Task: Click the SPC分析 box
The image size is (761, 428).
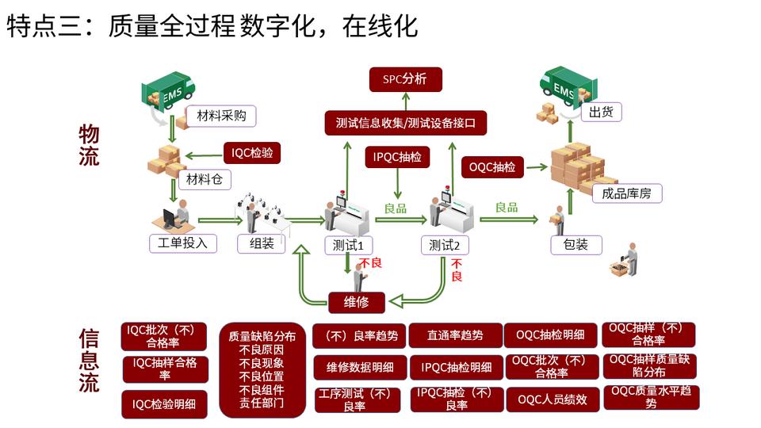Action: coord(405,79)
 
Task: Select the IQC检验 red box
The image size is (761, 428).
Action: coord(252,153)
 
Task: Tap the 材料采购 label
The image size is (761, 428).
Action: coord(222,117)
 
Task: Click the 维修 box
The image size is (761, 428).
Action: coord(357,301)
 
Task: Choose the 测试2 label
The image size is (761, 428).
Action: coord(444,245)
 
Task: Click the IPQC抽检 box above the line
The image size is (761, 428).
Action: coord(397,157)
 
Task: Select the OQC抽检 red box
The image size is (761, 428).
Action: coord(492,166)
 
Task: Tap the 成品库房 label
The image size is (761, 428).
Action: coord(626,193)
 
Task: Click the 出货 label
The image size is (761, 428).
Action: coord(602,112)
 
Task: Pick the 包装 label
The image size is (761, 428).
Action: coord(576,244)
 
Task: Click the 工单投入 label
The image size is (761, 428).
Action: coord(183,243)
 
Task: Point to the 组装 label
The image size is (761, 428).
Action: coord(262,244)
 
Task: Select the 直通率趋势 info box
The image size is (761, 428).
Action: coord(454,335)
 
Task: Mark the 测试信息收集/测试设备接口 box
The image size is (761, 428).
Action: coord(405,123)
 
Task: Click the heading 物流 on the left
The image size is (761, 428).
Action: coord(89,145)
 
